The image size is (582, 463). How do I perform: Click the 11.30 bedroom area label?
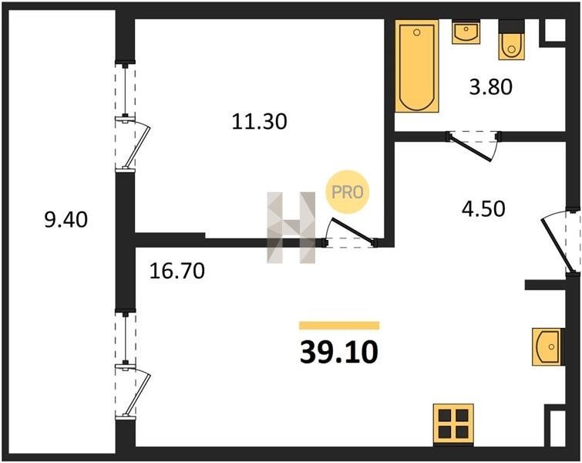260,121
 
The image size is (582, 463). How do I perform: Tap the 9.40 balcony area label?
66,219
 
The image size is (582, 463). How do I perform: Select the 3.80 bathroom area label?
491,87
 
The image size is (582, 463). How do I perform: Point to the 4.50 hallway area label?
483,208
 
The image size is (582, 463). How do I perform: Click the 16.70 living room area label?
177,271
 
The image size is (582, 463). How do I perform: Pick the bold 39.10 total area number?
339,353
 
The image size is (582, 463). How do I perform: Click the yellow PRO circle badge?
348,191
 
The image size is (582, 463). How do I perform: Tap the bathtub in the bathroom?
417,66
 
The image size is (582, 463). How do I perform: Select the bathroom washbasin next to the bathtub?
466,32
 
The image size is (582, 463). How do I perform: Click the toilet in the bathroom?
512,40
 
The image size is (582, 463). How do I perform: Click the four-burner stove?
453,424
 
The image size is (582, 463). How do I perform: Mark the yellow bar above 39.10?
339,326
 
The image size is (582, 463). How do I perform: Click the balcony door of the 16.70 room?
136,393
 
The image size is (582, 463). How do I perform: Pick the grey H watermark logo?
291,228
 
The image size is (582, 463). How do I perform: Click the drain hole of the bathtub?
417,32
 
